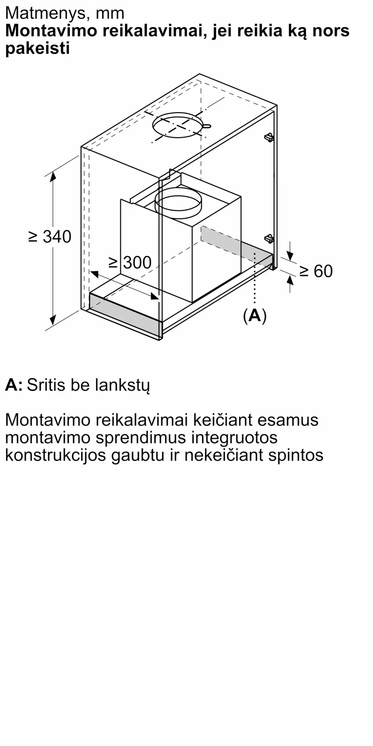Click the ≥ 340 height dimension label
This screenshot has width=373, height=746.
(x=50, y=237)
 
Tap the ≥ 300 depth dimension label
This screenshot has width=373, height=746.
(x=130, y=263)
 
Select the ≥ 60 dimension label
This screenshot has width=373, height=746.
(x=316, y=271)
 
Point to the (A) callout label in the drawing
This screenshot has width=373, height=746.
(x=255, y=316)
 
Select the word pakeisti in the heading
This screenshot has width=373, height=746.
(x=38, y=48)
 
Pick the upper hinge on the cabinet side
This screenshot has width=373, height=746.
(x=269, y=137)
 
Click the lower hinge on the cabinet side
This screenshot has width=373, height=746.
(x=269, y=238)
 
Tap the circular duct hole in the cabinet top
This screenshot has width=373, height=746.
(x=178, y=125)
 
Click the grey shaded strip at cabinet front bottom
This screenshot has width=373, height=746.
(x=125, y=312)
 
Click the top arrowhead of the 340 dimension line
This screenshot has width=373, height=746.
(x=53, y=175)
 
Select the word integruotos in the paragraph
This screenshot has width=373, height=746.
(x=234, y=438)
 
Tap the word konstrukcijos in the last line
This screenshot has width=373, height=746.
(x=56, y=455)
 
